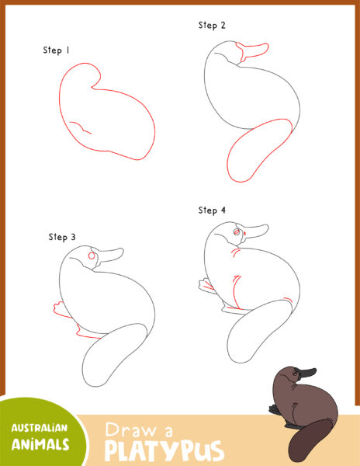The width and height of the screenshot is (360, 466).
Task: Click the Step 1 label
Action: (57, 50)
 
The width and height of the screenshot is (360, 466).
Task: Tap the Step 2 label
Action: (212, 26)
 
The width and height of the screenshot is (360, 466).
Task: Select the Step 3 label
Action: (62, 237)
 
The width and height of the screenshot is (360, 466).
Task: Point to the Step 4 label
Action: (212, 210)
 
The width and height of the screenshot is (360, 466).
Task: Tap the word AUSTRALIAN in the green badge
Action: (40, 428)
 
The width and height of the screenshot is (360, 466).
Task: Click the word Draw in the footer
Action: (135, 429)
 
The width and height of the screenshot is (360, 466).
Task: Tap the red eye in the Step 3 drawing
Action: (93, 255)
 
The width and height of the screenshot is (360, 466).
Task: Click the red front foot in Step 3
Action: (59, 308)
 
